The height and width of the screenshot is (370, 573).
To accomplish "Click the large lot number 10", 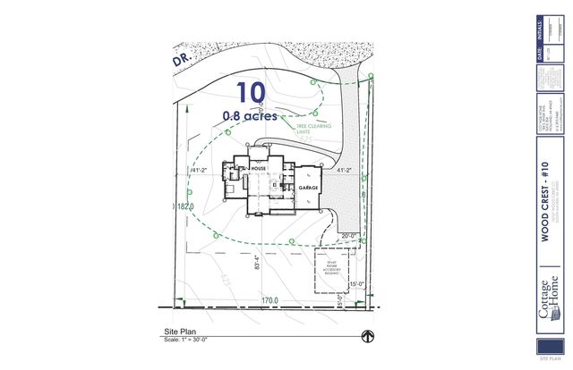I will click(x=252, y=91).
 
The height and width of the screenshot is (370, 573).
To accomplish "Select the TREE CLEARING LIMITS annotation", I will click(x=308, y=130).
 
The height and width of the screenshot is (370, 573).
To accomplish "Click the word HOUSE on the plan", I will click(x=260, y=167).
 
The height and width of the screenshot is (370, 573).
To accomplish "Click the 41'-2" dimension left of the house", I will click(x=199, y=169).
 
